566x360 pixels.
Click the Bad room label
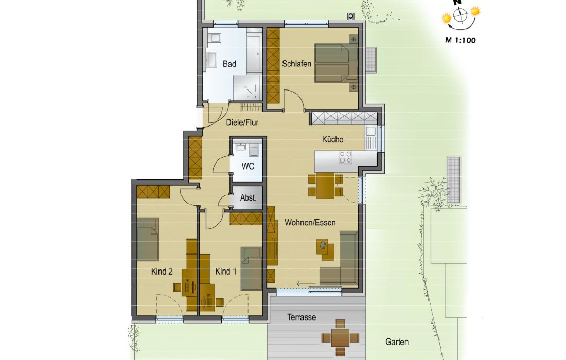click(229, 64)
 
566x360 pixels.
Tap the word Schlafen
click(297, 64)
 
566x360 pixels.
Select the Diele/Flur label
click(242, 122)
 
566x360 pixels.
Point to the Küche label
click(332, 139)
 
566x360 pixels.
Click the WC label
click(248, 166)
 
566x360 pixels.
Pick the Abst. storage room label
click(249, 197)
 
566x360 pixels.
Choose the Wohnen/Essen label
click(310, 223)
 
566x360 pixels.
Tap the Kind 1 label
click(225, 271)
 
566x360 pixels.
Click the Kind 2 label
click(162, 271)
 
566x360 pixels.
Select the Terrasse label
click(302, 317)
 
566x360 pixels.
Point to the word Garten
click(397, 342)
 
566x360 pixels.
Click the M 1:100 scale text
click(460, 40)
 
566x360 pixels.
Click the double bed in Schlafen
click(336, 63)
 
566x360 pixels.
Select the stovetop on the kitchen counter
click(345, 158)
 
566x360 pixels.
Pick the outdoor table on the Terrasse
click(341, 338)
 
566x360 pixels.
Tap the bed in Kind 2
click(148, 239)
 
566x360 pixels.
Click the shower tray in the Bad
click(247, 87)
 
